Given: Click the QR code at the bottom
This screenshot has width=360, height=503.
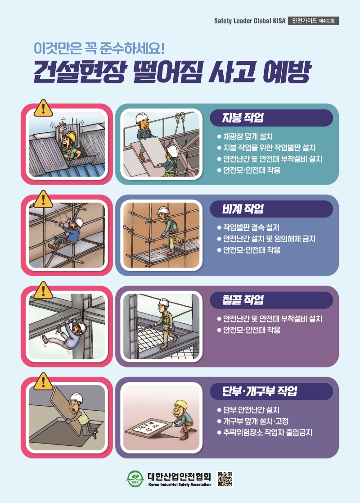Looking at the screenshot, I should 225,479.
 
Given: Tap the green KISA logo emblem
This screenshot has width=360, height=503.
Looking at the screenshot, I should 134,479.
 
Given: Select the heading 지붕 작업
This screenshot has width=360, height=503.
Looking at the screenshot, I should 243,118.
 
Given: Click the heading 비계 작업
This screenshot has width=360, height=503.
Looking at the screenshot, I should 243,209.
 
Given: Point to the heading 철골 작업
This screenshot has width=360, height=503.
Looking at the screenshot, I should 243,300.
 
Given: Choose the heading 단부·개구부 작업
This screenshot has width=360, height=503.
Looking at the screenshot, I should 260,391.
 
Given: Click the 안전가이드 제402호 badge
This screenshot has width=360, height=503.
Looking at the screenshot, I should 313,21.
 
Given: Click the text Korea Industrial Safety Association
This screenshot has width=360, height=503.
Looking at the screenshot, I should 179,485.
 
